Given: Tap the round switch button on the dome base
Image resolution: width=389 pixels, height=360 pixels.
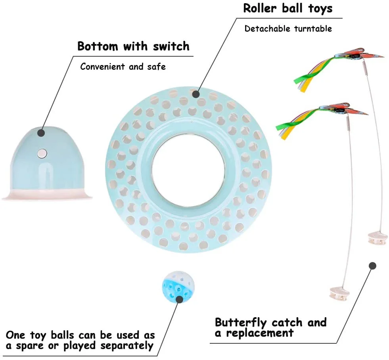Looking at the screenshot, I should point(42,153).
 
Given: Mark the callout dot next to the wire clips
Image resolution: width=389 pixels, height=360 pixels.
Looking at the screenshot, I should point(372,266).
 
